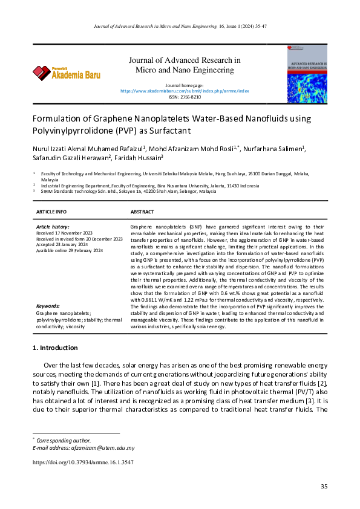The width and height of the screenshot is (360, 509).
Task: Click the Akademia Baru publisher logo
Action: tap(67, 73)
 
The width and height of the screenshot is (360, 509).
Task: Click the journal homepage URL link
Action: tap(185, 91)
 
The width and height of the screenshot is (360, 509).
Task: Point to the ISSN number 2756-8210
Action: tap(185, 97)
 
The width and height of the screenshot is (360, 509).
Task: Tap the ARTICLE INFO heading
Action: tap(51, 212)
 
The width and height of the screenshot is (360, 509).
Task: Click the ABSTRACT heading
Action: tap(142, 212)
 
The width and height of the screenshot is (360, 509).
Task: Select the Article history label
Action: tap(53, 226)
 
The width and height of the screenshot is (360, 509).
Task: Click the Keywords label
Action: tap(48, 306)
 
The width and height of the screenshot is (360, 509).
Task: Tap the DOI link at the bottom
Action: tap(83, 462)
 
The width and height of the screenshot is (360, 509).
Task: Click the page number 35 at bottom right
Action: tap(324, 487)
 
